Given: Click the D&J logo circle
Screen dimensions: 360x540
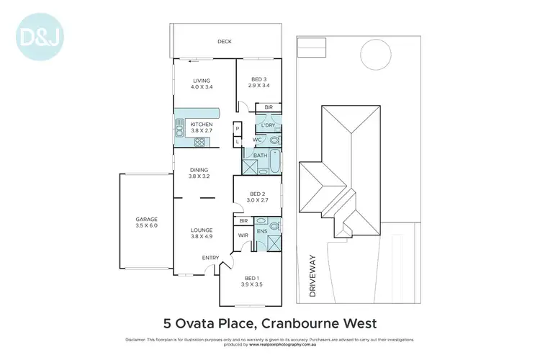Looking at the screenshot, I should [35, 34].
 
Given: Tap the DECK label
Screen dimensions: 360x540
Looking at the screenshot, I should [225, 42].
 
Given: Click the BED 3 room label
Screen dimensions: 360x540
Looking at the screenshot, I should [259, 83].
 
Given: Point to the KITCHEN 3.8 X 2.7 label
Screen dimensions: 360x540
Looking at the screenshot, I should [202, 128].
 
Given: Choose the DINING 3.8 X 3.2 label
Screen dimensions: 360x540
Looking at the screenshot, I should [199, 173].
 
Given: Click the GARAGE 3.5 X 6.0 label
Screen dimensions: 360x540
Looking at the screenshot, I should [147, 222].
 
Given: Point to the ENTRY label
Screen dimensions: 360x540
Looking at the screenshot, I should [211, 257].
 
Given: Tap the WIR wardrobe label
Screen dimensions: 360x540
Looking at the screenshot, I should [243, 235].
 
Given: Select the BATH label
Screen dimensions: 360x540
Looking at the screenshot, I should [259, 155].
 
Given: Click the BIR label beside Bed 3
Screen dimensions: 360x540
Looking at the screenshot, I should [269, 107].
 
